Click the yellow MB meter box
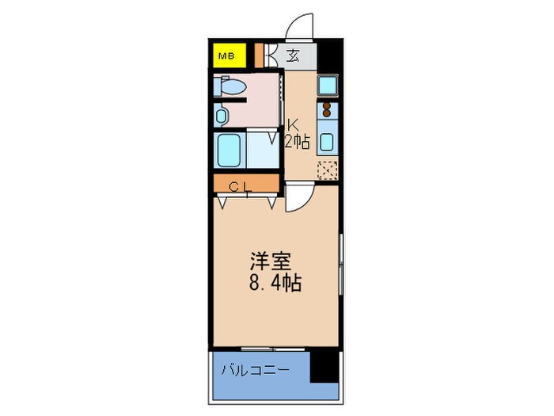(x=226, y=56)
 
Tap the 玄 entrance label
(x=292, y=55)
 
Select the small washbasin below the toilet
(x=221, y=116)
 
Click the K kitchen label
(x=293, y=124)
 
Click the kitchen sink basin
(x=327, y=143)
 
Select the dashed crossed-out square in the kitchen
(x=327, y=170)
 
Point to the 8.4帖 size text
(x=275, y=283)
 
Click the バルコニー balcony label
(x=255, y=370)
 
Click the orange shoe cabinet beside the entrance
(x=259, y=55)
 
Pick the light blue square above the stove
(x=327, y=86)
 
